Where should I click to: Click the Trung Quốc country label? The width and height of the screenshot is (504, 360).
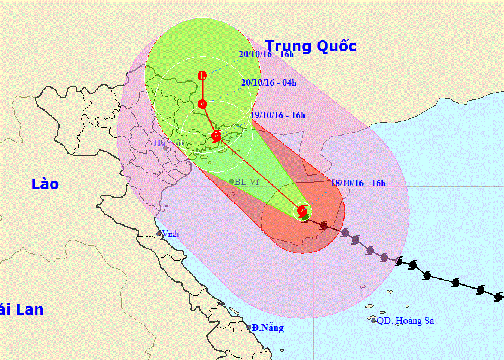click(311, 46)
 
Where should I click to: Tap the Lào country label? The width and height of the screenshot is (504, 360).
click(45, 184)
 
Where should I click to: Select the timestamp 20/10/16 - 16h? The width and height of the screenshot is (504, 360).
click(266, 54)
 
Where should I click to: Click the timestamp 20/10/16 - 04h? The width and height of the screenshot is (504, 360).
click(268, 83)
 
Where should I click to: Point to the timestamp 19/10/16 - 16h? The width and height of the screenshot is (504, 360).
click(278, 115)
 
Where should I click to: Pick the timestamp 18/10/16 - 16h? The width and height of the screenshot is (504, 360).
click(358, 183)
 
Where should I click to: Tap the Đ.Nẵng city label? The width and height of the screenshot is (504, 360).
click(267, 328)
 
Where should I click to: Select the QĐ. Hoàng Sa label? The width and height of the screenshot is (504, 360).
click(405, 321)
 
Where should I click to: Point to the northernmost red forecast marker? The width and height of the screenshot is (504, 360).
click(202, 76)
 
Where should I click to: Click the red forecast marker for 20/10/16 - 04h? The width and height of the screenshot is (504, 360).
click(202, 104)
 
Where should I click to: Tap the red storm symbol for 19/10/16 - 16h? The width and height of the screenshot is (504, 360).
click(217, 136)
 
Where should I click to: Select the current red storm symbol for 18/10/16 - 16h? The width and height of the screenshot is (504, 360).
click(302, 211)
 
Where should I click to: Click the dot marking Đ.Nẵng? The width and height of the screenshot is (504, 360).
click(249, 327)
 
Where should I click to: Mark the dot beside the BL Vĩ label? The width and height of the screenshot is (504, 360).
click(231, 181)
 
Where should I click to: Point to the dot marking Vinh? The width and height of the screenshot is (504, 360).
click(159, 234)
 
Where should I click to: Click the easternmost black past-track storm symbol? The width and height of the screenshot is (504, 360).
click(498, 296)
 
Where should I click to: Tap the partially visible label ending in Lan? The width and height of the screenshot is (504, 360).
click(21, 309)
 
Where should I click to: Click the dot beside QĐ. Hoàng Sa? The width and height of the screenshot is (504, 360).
click(374, 321)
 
